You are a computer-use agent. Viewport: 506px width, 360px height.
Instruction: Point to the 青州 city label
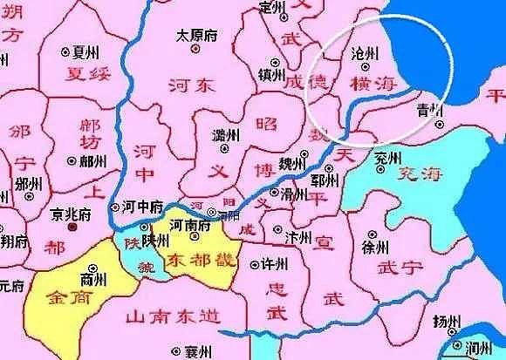click(429, 110)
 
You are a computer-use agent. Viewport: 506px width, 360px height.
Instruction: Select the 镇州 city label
click(272, 75)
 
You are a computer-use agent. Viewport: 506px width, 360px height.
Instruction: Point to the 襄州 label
click(197, 351)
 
